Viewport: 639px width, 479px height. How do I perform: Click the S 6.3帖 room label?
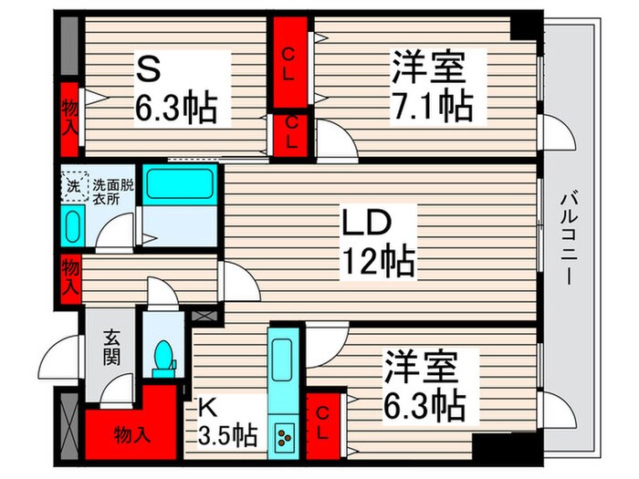point(176,89)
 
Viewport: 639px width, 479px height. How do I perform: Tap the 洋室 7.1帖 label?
point(432,88)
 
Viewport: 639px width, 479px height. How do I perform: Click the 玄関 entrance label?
point(111,346)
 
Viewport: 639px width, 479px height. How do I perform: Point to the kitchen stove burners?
point(283,439)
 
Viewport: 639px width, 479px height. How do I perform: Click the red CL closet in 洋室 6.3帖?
point(324,423)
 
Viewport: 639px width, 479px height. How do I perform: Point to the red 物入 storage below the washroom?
point(70,276)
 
